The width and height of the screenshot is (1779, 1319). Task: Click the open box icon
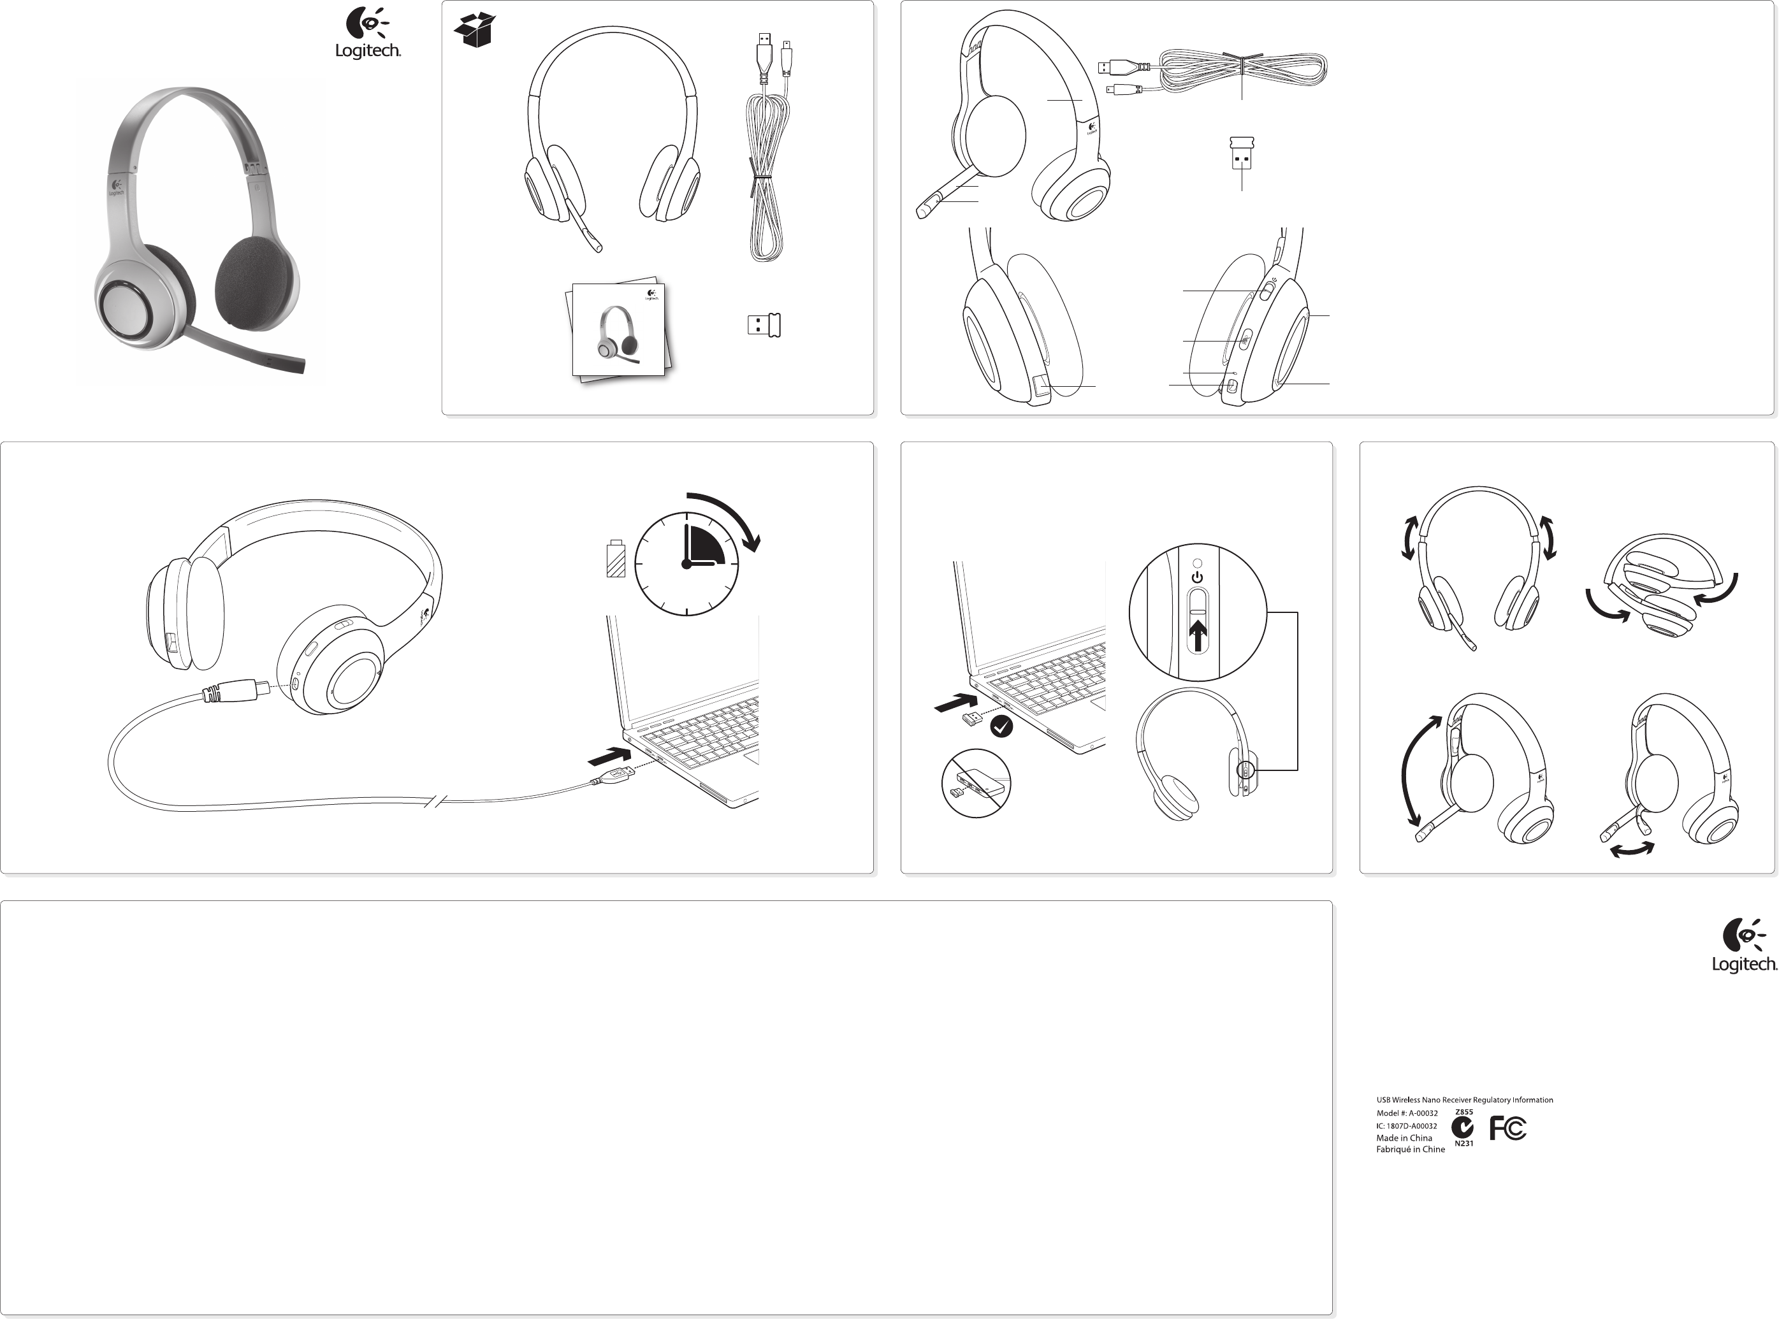tap(474, 31)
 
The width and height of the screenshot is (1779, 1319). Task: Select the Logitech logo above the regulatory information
tap(1744, 946)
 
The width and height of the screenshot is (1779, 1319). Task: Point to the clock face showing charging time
tap(686, 564)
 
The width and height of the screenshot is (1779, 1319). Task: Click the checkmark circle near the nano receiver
tap(1001, 726)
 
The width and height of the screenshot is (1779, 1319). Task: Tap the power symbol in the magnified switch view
tap(1197, 577)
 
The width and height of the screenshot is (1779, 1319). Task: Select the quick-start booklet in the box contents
tap(620, 331)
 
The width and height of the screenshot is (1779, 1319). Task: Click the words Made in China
tap(1404, 1138)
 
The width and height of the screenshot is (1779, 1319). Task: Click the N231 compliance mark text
tap(1463, 1143)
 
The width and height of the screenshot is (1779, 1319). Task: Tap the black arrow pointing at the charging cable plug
tap(609, 754)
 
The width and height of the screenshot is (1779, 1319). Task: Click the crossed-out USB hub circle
tap(976, 783)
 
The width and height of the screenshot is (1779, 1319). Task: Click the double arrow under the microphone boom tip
tap(1632, 850)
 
